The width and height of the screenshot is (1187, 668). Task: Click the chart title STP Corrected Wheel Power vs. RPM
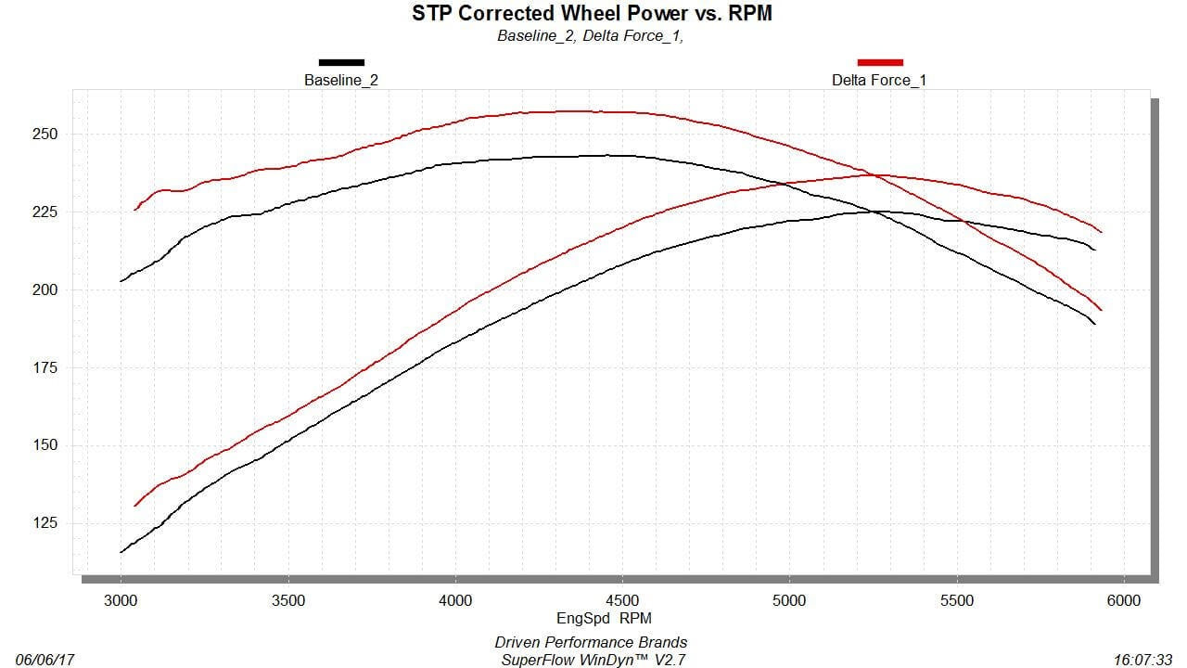pyautogui.click(x=592, y=13)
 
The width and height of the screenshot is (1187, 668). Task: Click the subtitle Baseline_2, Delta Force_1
pyautogui.click(x=591, y=36)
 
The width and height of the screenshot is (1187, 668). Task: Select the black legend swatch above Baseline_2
pyautogui.click(x=341, y=62)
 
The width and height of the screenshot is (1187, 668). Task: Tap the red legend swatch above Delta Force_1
pyautogui.click(x=879, y=62)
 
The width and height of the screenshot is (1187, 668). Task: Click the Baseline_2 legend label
pyautogui.click(x=341, y=80)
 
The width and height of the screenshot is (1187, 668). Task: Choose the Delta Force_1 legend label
pyautogui.click(x=879, y=80)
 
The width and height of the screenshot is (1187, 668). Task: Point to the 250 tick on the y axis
pyautogui.click(x=45, y=134)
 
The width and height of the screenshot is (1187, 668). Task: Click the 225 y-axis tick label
pyautogui.click(x=45, y=212)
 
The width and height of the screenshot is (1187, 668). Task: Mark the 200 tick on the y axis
pyautogui.click(x=45, y=289)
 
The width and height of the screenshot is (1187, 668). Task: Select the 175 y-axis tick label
pyautogui.click(x=45, y=367)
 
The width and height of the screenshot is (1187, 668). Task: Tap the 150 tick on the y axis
pyautogui.click(x=45, y=445)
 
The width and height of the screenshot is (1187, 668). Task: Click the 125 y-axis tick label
pyautogui.click(x=45, y=523)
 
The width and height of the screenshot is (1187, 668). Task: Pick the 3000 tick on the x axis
pyautogui.click(x=121, y=600)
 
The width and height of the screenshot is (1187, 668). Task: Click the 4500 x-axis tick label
pyautogui.click(x=622, y=600)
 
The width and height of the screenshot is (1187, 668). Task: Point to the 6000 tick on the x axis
pyautogui.click(x=1124, y=600)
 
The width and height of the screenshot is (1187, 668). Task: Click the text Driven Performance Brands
pyautogui.click(x=591, y=642)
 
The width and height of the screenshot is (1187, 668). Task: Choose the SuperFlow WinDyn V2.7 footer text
pyautogui.click(x=591, y=660)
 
